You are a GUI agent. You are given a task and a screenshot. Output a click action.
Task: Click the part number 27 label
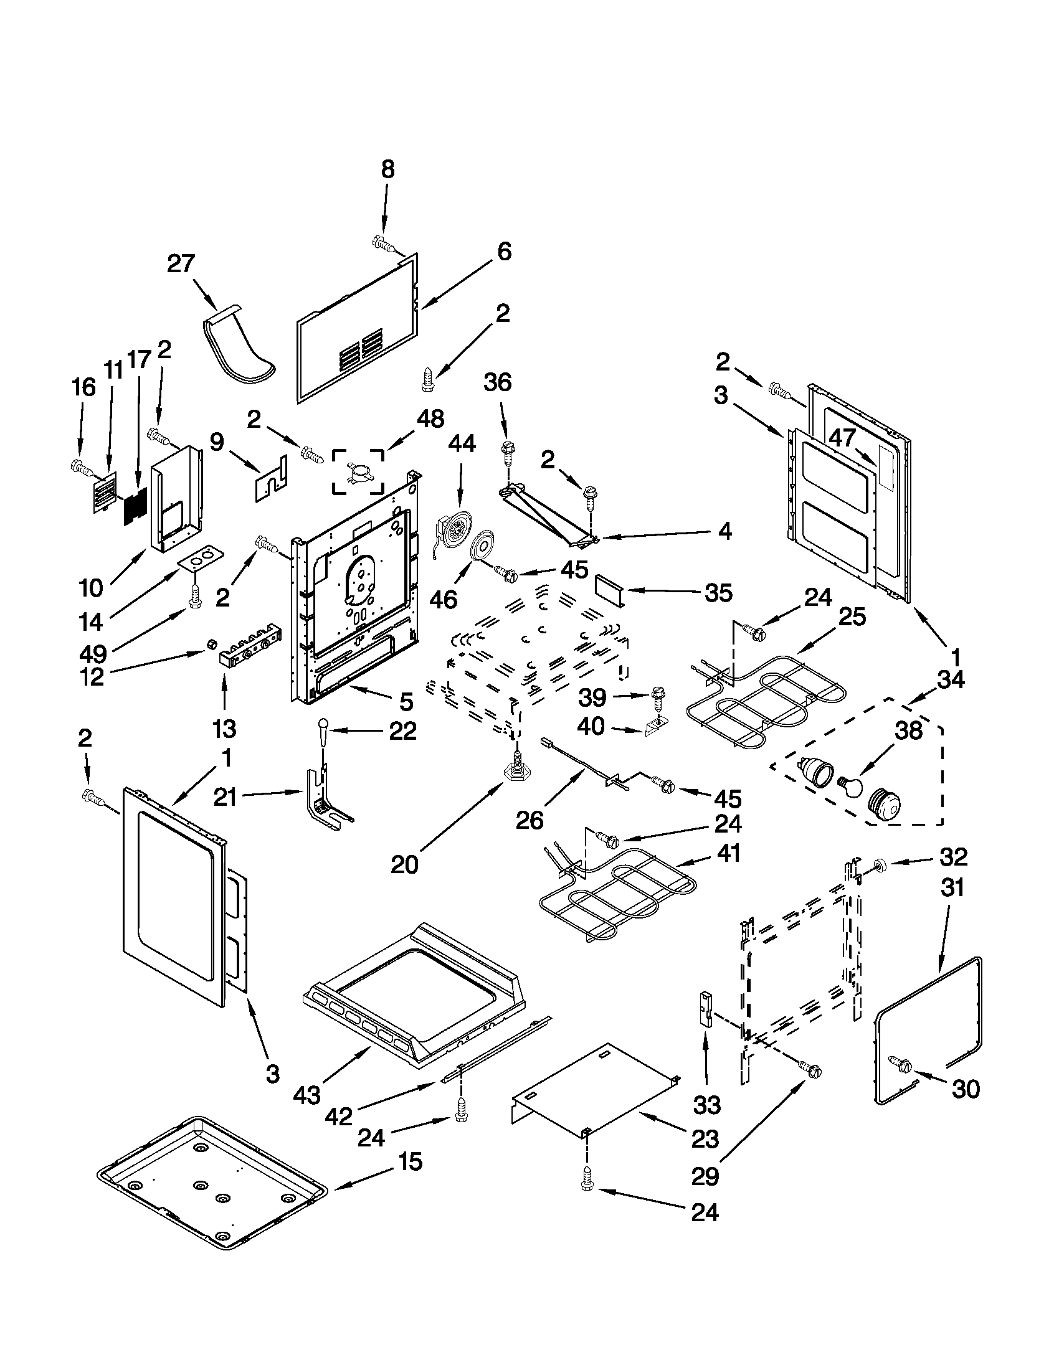pyautogui.click(x=181, y=263)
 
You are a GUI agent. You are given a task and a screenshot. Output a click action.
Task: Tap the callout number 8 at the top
pyautogui.click(x=387, y=169)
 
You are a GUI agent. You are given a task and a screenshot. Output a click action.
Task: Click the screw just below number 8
pyautogui.click(x=382, y=243)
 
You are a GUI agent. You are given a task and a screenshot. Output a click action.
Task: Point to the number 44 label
pyautogui.click(x=461, y=443)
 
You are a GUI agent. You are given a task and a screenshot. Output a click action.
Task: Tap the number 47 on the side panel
pyautogui.click(x=842, y=437)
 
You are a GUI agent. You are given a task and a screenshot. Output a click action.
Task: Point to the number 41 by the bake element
pyautogui.click(x=728, y=853)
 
